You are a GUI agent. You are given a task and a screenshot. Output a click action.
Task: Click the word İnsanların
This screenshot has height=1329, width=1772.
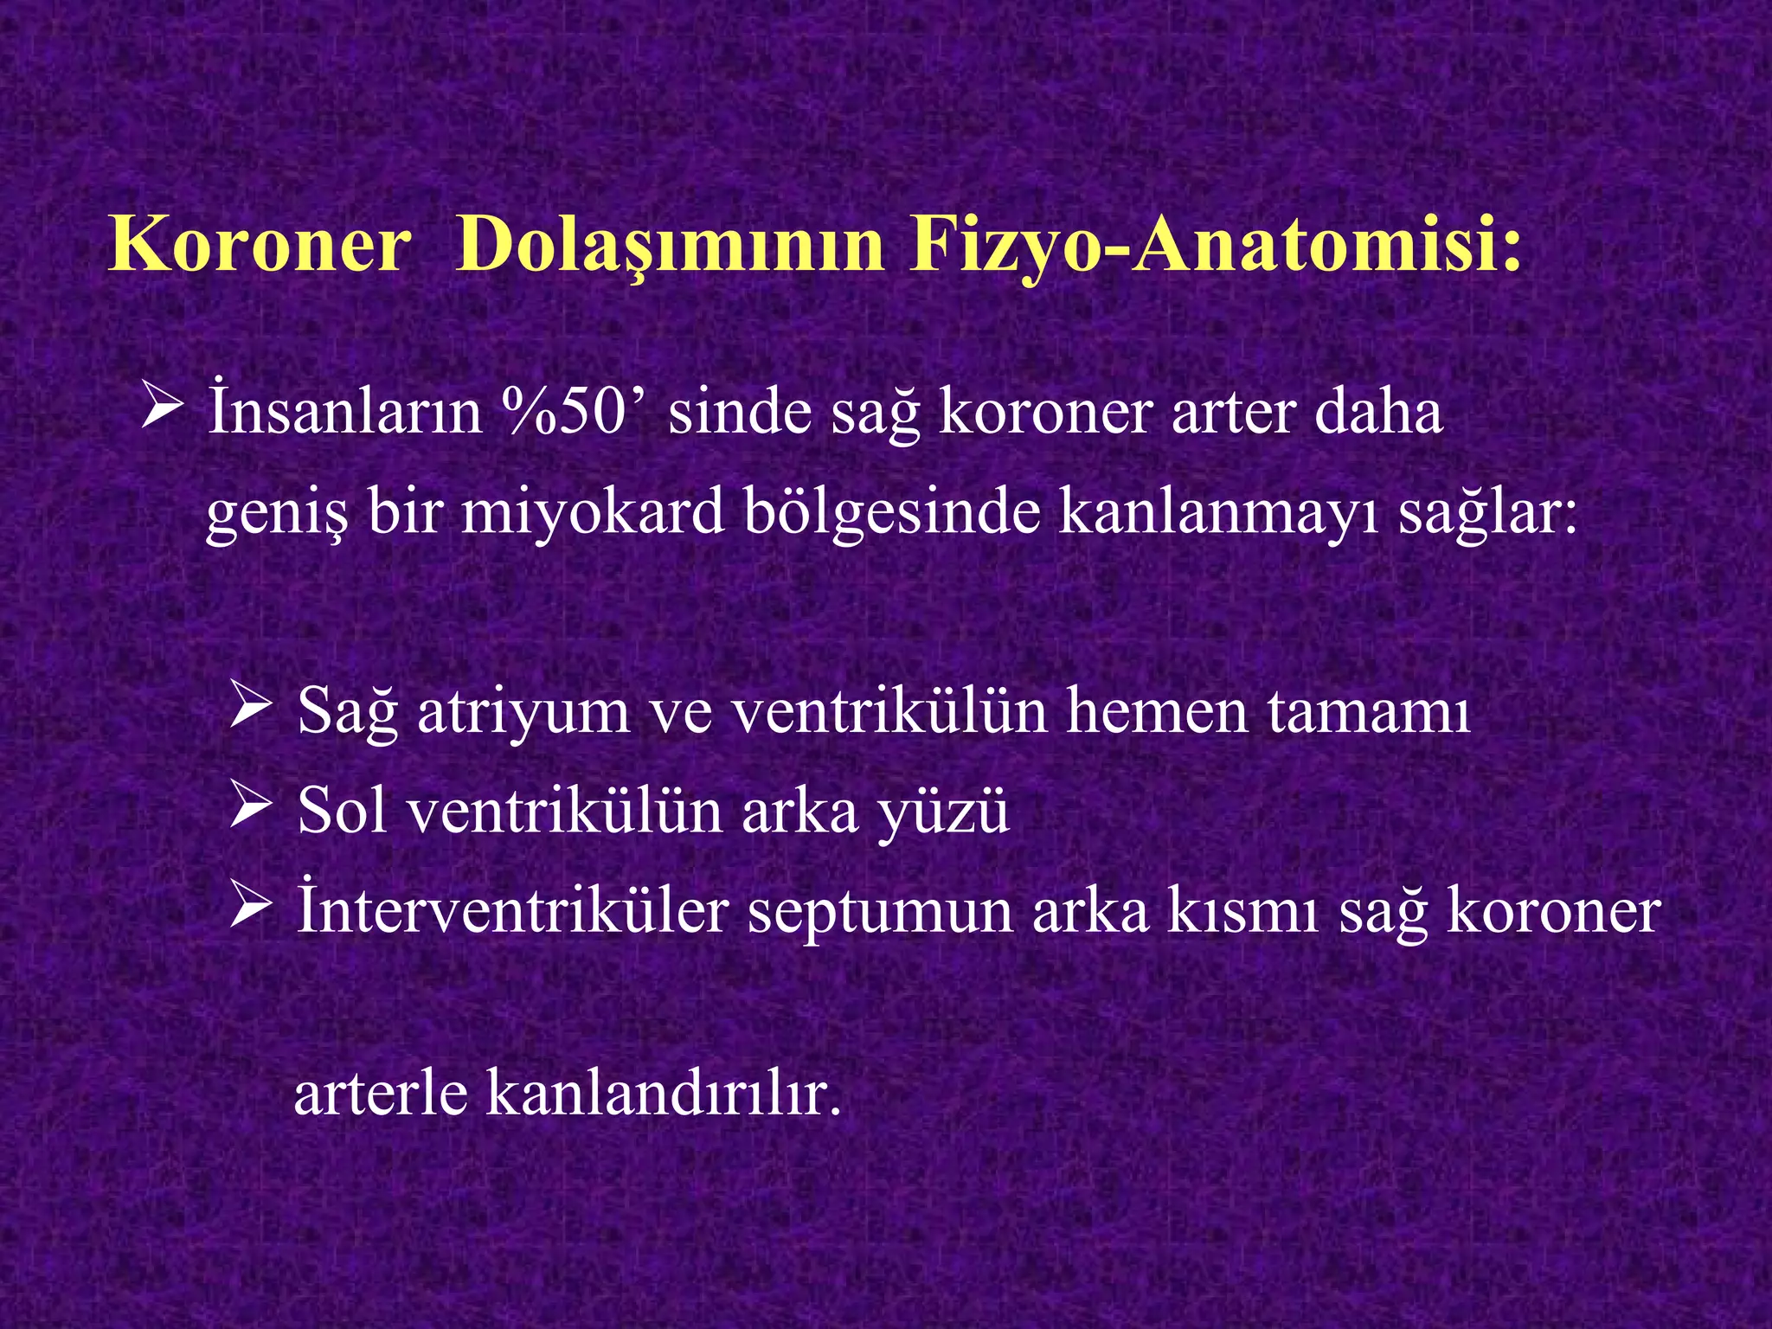344,412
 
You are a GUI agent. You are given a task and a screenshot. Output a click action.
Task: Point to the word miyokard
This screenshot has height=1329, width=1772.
592,512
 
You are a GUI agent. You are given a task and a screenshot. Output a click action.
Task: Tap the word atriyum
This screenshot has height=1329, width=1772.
523,711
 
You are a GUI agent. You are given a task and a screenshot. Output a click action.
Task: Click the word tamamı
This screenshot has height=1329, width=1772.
1369,711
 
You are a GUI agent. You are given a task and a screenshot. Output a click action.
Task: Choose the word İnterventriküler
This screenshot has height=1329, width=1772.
512,912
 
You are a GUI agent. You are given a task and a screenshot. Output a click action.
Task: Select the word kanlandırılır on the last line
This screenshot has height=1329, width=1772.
663,1094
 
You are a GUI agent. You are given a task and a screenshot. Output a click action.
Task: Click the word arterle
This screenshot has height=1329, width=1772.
380,1094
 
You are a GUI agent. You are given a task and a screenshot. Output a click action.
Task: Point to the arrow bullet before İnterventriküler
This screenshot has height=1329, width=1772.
251,908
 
